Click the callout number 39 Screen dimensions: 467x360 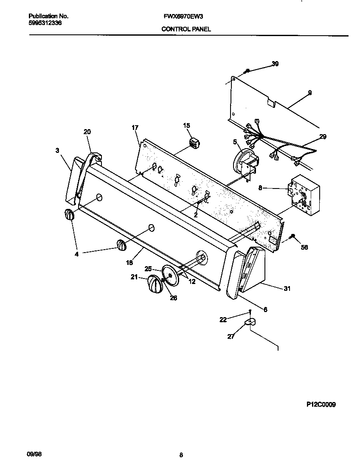tap(275, 64)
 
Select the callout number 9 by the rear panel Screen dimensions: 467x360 tap(309, 93)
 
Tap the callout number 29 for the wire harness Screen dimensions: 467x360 tap(323, 136)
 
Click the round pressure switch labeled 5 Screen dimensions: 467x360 tap(243, 162)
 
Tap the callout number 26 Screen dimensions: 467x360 tap(173, 298)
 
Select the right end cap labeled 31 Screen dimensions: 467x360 tap(255, 272)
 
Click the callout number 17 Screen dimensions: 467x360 tap(135, 127)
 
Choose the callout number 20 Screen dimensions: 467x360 tap(87, 132)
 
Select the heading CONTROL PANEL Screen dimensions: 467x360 tap(186, 29)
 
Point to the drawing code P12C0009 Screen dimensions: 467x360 tap(321, 405)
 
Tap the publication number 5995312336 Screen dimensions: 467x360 tap(45, 23)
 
